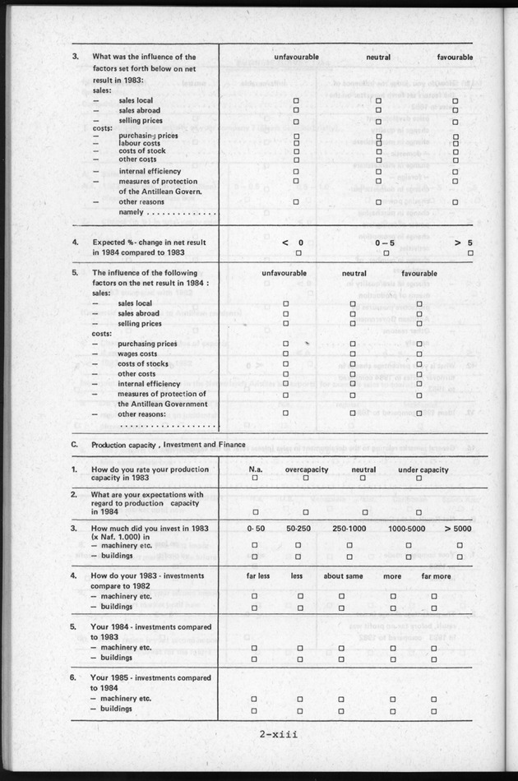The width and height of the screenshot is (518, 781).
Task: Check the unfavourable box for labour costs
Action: pos(297,142)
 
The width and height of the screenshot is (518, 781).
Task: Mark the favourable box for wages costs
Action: pos(419,353)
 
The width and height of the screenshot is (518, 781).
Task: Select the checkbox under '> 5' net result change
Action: pos(470,253)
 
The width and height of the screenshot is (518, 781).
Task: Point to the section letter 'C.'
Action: pos(75,444)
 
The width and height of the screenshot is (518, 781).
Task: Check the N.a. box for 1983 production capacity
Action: pos(255,478)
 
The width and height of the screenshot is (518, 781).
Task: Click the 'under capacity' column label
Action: pos(423,469)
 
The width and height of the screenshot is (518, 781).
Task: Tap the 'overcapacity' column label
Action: pos(305,469)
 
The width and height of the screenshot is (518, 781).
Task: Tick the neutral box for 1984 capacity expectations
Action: pos(363,511)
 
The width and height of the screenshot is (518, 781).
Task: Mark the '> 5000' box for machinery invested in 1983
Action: pos(460,545)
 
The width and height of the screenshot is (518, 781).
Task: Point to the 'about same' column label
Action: pos(344,576)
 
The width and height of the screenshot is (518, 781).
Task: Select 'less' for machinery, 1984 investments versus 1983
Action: pos(299,648)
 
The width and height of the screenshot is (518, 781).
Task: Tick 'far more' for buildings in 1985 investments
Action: pos(434,709)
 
